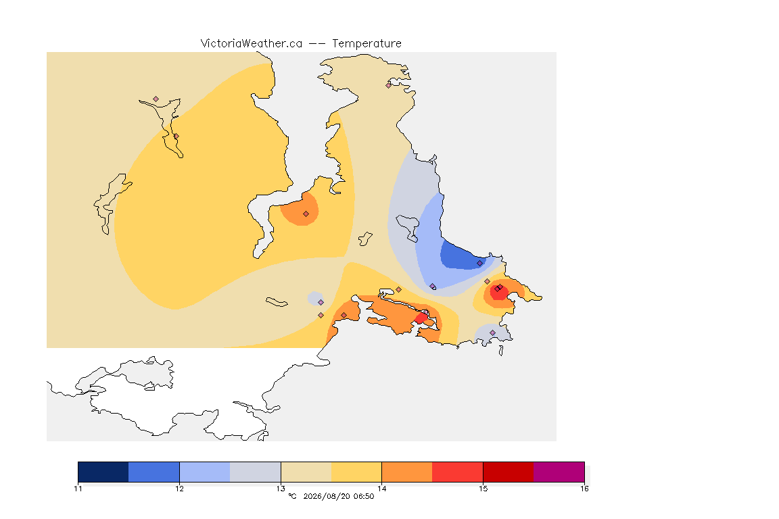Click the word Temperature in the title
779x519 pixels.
click(367, 44)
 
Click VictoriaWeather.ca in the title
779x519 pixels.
click(252, 44)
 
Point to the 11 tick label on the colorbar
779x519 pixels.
click(78, 489)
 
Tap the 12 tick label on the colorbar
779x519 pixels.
click(179, 489)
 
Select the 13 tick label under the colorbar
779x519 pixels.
click(281, 489)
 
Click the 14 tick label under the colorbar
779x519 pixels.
click(381, 489)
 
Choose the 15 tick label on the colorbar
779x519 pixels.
click(483, 489)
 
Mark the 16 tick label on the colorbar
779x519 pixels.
click(584, 489)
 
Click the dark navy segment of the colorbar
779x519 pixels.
click(103, 472)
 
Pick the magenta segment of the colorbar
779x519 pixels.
click(559, 472)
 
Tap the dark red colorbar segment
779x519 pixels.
click(509, 472)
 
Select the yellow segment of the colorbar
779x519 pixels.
click(356, 472)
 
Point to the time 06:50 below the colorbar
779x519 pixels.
click(364, 496)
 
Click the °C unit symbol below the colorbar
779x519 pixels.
click(293, 496)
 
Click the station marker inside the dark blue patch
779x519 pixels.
click(479, 264)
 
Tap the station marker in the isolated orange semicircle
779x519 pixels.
click(306, 214)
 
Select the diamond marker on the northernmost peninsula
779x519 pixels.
click(389, 85)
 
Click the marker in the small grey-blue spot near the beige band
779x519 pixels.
click(321, 303)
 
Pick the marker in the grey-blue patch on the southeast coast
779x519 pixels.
click(492, 332)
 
